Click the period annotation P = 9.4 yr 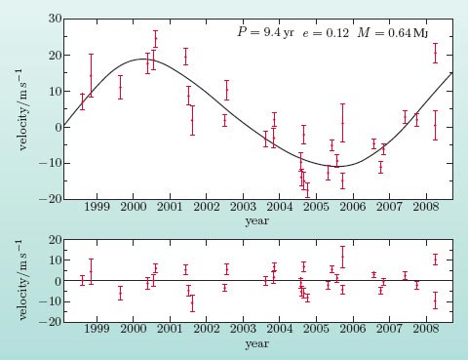tap(266, 32)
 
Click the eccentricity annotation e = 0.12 tap(326, 33)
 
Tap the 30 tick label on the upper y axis tap(55, 19)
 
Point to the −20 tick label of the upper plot tap(50, 199)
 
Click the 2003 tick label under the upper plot tap(243, 207)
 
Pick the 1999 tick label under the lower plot tap(97, 329)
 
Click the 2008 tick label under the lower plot tap(426, 329)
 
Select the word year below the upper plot tap(257, 221)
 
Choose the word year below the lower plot tap(257, 343)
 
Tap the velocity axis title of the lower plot tap(21, 280)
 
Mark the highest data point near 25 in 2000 tap(155, 38)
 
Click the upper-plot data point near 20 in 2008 tap(435, 53)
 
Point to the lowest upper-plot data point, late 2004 tap(307, 190)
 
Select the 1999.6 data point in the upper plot tap(120, 87)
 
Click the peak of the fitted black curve tap(143, 59)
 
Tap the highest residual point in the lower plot tap(342, 257)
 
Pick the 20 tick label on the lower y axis tap(55, 240)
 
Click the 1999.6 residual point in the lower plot tap(120, 293)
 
